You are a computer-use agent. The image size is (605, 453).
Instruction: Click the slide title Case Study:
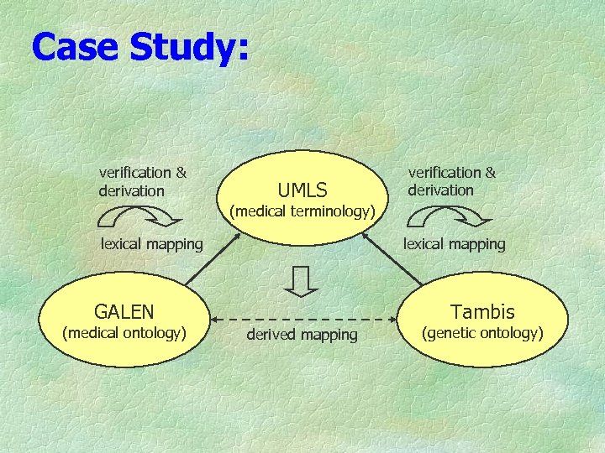pos(140,47)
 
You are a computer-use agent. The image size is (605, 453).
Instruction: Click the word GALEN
pos(124,312)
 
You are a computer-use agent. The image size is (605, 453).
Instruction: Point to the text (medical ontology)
pos(124,333)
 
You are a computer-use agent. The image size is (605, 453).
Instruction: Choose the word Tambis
pos(482,312)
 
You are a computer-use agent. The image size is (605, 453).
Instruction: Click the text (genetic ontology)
pos(482,333)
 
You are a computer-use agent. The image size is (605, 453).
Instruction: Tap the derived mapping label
pos(302,335)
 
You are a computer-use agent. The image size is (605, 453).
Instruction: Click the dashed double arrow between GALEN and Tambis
pos(302,319)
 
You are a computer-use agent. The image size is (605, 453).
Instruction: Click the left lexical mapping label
pos(152,244)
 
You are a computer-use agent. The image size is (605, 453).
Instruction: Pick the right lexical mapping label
pos(455,244)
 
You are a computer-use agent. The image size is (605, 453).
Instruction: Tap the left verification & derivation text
pos(142,181)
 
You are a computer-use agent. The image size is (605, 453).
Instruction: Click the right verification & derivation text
pos(451,181)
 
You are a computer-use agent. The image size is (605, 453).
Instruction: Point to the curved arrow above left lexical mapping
pos(138,217)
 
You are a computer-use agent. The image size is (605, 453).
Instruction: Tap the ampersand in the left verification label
pos(180,173)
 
